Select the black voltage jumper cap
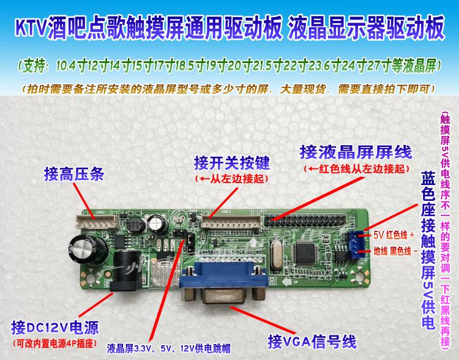click(x=192, y=243)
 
